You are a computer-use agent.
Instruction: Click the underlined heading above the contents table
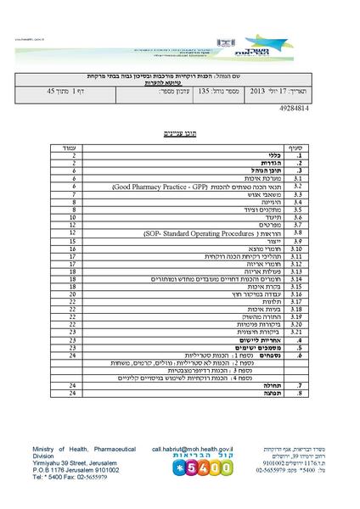pyautogui.click(x=179, y=134)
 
